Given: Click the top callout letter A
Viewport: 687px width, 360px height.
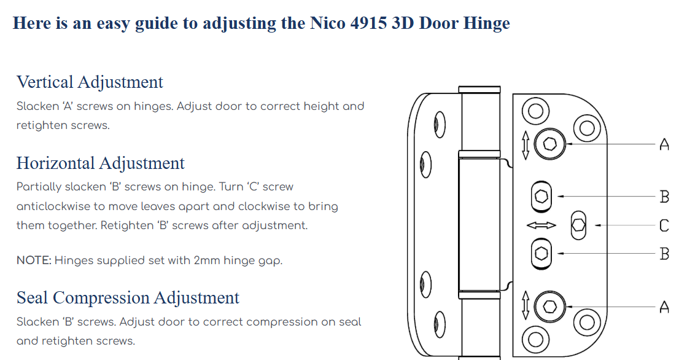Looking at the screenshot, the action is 664,144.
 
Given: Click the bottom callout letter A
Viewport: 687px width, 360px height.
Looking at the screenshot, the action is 664,307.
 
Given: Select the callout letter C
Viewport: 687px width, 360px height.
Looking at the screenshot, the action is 664,225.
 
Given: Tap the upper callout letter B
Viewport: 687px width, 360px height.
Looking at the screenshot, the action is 665,197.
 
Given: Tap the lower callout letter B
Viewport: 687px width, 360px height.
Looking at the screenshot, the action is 665,254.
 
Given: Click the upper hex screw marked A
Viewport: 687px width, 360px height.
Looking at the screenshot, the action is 550,144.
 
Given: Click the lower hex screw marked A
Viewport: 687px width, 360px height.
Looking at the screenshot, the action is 550,306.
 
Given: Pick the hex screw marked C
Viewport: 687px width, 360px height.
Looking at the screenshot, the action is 578,225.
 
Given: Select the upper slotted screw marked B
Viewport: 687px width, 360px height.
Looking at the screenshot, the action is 541,197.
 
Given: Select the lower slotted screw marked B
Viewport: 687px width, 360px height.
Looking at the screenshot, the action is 541,254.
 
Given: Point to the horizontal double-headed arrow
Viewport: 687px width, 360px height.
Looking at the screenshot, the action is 541,225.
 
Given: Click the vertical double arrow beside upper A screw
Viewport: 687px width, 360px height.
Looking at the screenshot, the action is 526,145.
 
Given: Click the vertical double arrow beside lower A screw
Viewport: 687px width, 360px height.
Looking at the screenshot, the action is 526,305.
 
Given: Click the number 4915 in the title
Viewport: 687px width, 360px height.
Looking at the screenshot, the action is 368,23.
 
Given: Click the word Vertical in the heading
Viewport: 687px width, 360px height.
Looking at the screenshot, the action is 45,82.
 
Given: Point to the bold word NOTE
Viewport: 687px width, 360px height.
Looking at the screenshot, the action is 34,260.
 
